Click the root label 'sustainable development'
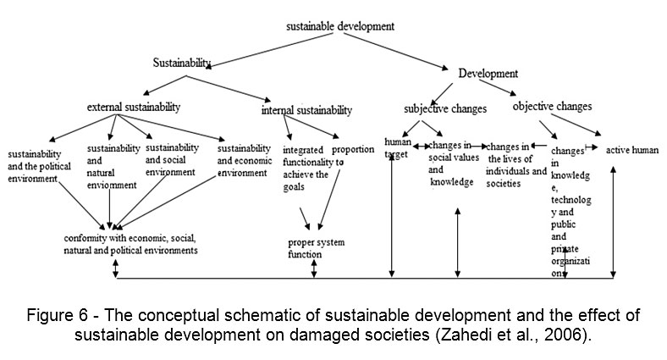[339, 26]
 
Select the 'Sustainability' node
[180, 63]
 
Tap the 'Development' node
[488, 74]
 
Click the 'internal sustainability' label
[306, 111]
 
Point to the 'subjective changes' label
[444, 109]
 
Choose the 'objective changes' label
[552, 107]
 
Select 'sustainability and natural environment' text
[112, 166]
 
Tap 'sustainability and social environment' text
[172, 159]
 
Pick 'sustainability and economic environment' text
[243, 160]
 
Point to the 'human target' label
[396, 148]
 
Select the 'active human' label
[631, 150]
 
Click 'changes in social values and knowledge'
[451, 163]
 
